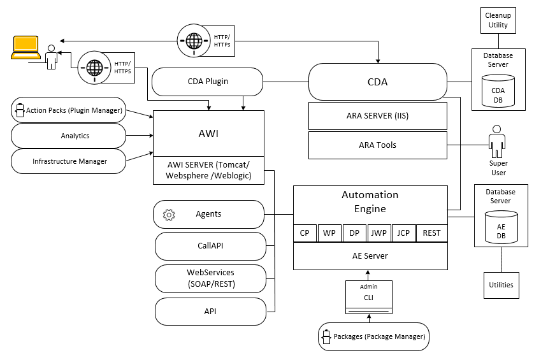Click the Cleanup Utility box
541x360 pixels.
(498, 20)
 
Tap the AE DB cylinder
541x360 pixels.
(500, 231)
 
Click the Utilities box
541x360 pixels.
(500, 285)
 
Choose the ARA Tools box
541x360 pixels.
(377, 145)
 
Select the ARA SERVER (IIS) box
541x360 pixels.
(377, 116)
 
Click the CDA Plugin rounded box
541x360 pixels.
(208, 82)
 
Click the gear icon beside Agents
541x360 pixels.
(169, 215)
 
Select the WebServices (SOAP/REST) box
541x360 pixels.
(210, 278)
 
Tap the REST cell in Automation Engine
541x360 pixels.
(431, 233)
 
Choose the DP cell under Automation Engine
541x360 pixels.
(354, 233)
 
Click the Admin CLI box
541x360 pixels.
(369, 297)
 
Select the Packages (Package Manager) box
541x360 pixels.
(373, 336)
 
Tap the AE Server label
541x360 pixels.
(370, 256)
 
